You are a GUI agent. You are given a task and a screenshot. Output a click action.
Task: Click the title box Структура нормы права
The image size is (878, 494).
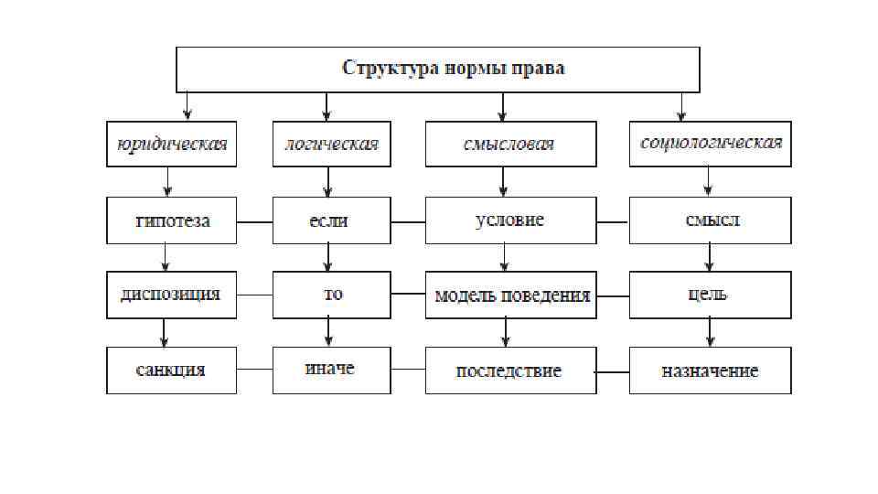[438, 70]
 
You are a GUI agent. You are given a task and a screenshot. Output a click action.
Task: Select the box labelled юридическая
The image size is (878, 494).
[171, 144]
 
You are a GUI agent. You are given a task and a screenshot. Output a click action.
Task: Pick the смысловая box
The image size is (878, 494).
[510, 144]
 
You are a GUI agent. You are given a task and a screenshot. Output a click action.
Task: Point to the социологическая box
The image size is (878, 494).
[710, 144]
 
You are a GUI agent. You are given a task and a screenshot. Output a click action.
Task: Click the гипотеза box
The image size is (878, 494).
[171, 220]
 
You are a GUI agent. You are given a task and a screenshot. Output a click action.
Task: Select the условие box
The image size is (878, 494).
[510, 220]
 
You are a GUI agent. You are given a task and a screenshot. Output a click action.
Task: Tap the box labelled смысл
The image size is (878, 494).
[710, 220]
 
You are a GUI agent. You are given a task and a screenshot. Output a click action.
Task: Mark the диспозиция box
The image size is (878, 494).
[171, 295]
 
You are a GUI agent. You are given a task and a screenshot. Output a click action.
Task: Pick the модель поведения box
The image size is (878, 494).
[510, 295]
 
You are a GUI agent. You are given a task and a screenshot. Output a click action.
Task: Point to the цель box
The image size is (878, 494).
[710, 295]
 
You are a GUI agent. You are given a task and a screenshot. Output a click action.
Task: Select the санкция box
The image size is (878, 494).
[171, 370]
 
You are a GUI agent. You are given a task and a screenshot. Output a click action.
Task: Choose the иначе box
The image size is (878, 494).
[330, 369]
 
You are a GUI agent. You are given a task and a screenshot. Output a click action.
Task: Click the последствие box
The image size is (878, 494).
[510, 370]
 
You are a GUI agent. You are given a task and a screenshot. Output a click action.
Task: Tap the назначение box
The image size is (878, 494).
[710, 370]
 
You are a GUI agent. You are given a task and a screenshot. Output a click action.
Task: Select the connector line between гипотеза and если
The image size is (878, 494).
[254, 221]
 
